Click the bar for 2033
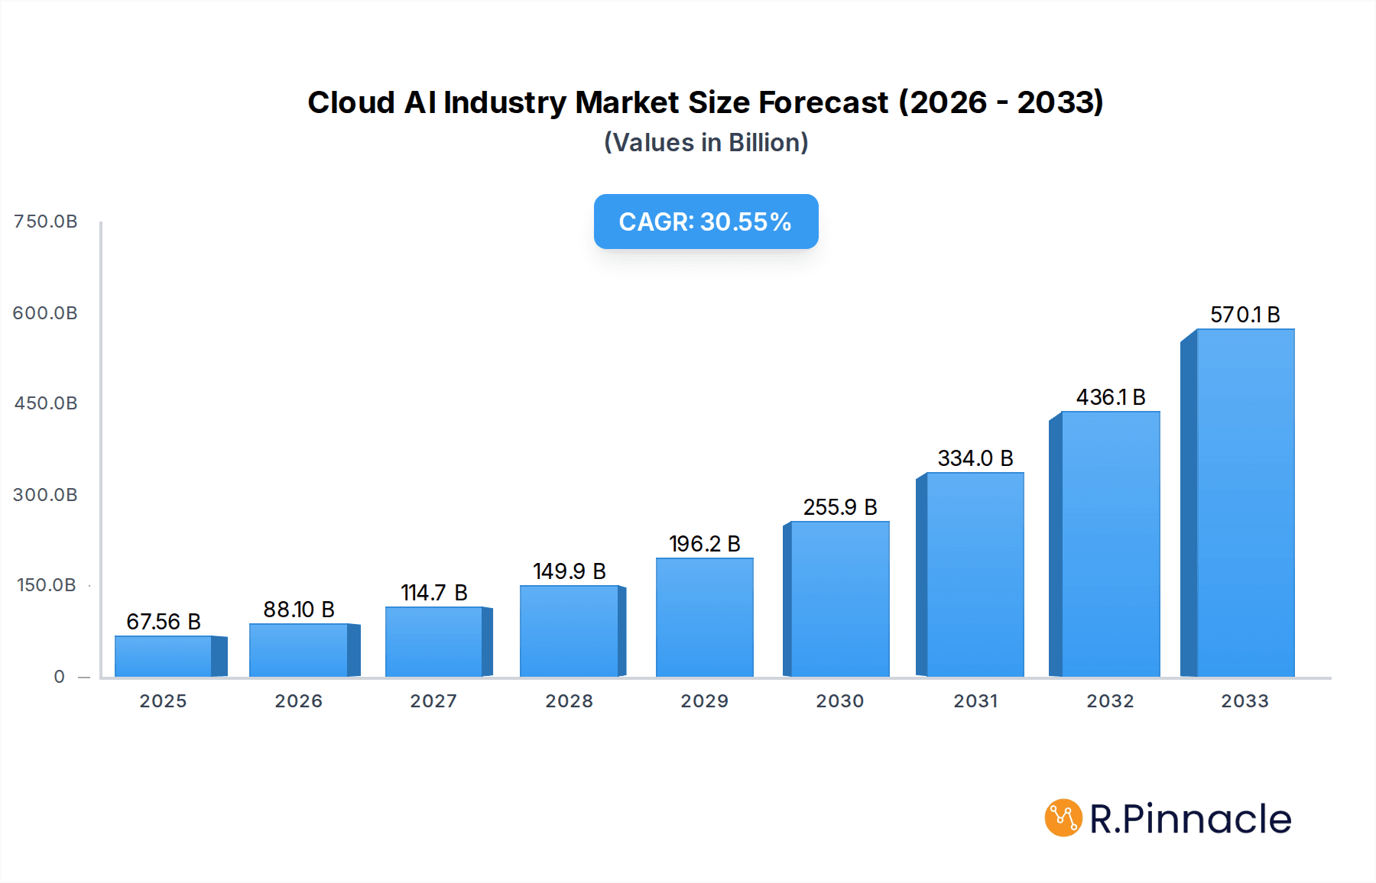1245,504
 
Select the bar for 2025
164,657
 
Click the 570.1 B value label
1245,315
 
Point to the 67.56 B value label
164,622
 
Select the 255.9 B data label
839,507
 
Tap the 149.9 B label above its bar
569,571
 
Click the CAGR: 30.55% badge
706,222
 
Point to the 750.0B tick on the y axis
46,222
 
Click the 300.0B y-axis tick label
45,495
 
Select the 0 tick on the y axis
60,677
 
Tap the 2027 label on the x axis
433,701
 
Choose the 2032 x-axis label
1110,701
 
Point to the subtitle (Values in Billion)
706,143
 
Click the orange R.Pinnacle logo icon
1063,818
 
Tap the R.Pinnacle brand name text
1190,819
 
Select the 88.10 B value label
299,610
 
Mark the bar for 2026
299,651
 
